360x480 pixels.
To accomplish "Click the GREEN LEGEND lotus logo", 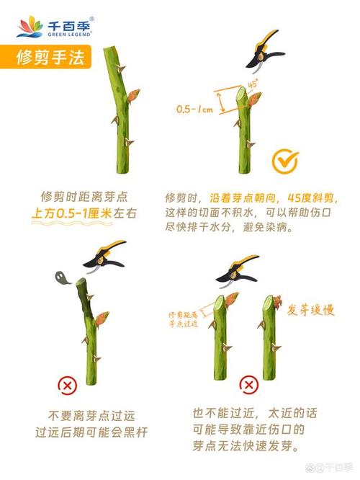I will pos(30,27).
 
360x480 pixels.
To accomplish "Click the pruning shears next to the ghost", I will pos(105,254).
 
